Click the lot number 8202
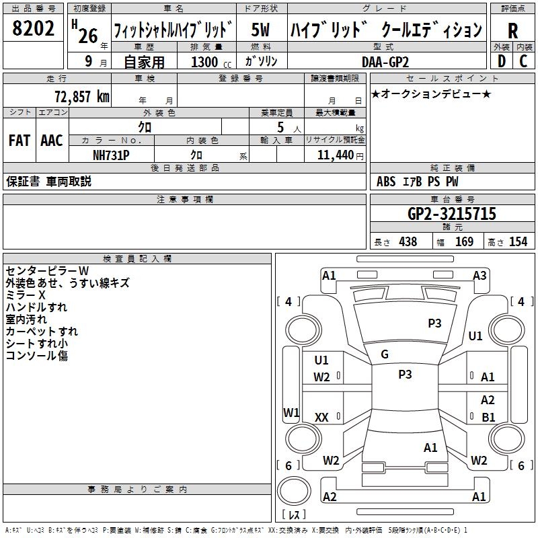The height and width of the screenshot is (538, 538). click(33, 28)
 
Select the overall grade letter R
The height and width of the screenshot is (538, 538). click(512, 31)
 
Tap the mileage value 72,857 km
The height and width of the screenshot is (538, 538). click(82, 96)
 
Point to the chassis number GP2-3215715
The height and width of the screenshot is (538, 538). click(452, 214)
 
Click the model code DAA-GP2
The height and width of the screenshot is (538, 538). click(385, 62)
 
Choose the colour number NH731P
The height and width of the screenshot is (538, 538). click(111, 155)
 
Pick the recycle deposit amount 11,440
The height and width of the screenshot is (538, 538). click(335, 155)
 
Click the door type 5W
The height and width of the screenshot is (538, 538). click(260, 30)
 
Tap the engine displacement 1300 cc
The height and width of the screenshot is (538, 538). click(211, 62)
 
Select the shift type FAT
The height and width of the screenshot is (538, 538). click(20, 141)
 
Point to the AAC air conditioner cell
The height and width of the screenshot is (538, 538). click(52, 141)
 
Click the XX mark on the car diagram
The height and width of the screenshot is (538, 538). click(321, 417)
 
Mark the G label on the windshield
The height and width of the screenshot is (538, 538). click(385, 354)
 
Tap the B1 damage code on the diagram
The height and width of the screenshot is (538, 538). click(488, 417)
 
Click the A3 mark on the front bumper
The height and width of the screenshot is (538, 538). click(479, 276)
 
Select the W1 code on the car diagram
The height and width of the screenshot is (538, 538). click(291, 412)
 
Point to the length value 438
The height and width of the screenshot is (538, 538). click(408, 241)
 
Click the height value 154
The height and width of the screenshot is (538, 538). click(518, 241)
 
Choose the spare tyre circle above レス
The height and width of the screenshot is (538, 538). click(294, 491)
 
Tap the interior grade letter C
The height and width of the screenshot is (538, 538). click(523, 61)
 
